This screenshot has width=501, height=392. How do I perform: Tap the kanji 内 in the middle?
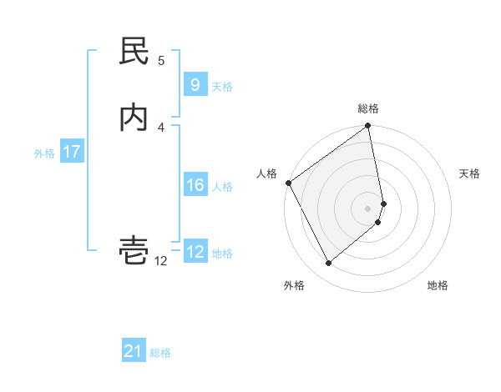click(134, 118)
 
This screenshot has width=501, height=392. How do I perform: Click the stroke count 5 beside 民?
click(161, 60)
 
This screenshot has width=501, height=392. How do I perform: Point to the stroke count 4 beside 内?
click(161, 127)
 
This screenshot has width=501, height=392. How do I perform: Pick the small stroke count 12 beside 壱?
click(161, 261)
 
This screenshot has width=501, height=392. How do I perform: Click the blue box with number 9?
click(195, 85)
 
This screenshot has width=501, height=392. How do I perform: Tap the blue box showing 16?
click(195, 185)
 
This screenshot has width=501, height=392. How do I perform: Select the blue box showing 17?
click(72, 152)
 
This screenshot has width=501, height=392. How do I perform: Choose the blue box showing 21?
click(134, 351)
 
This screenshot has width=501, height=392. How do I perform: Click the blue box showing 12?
click(195, 252)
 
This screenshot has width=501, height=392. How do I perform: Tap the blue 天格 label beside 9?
click(222, 86)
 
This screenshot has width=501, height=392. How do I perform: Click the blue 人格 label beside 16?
click(223, 186)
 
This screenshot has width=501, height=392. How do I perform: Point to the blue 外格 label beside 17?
click(44, 153)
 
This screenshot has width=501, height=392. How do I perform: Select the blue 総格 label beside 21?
click(160, 352)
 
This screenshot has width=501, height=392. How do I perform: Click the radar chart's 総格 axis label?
click(368, 108)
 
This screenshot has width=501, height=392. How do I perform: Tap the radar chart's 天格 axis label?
click(470, 173)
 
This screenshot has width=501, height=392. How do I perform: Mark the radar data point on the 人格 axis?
click(288, 183)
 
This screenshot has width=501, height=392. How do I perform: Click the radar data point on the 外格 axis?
click(328, 264)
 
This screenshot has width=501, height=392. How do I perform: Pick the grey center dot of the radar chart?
click(368, 208)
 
